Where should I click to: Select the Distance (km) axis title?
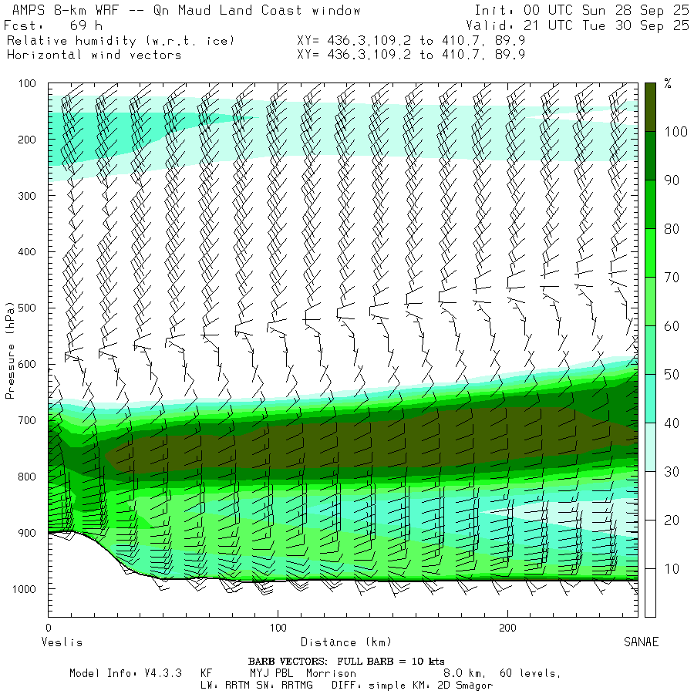pos(345,642)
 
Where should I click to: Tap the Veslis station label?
pos(61,642)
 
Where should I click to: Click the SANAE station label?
pos(641,642)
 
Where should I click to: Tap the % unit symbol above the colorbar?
pos(668,84)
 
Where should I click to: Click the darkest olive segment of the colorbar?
pos(651,106)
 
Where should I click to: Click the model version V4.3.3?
pos(162,673)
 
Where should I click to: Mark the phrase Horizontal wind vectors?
pos(94,55)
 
